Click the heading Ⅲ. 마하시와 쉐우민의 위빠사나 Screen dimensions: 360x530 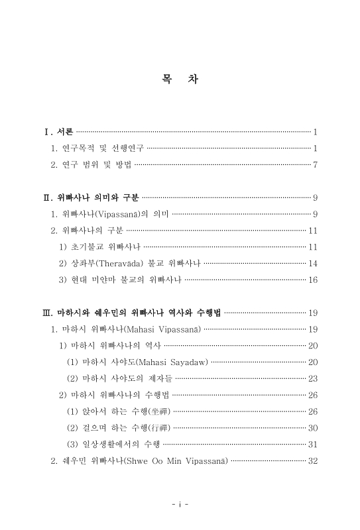point(133,312)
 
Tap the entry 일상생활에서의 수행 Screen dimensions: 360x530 point(113,444)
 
